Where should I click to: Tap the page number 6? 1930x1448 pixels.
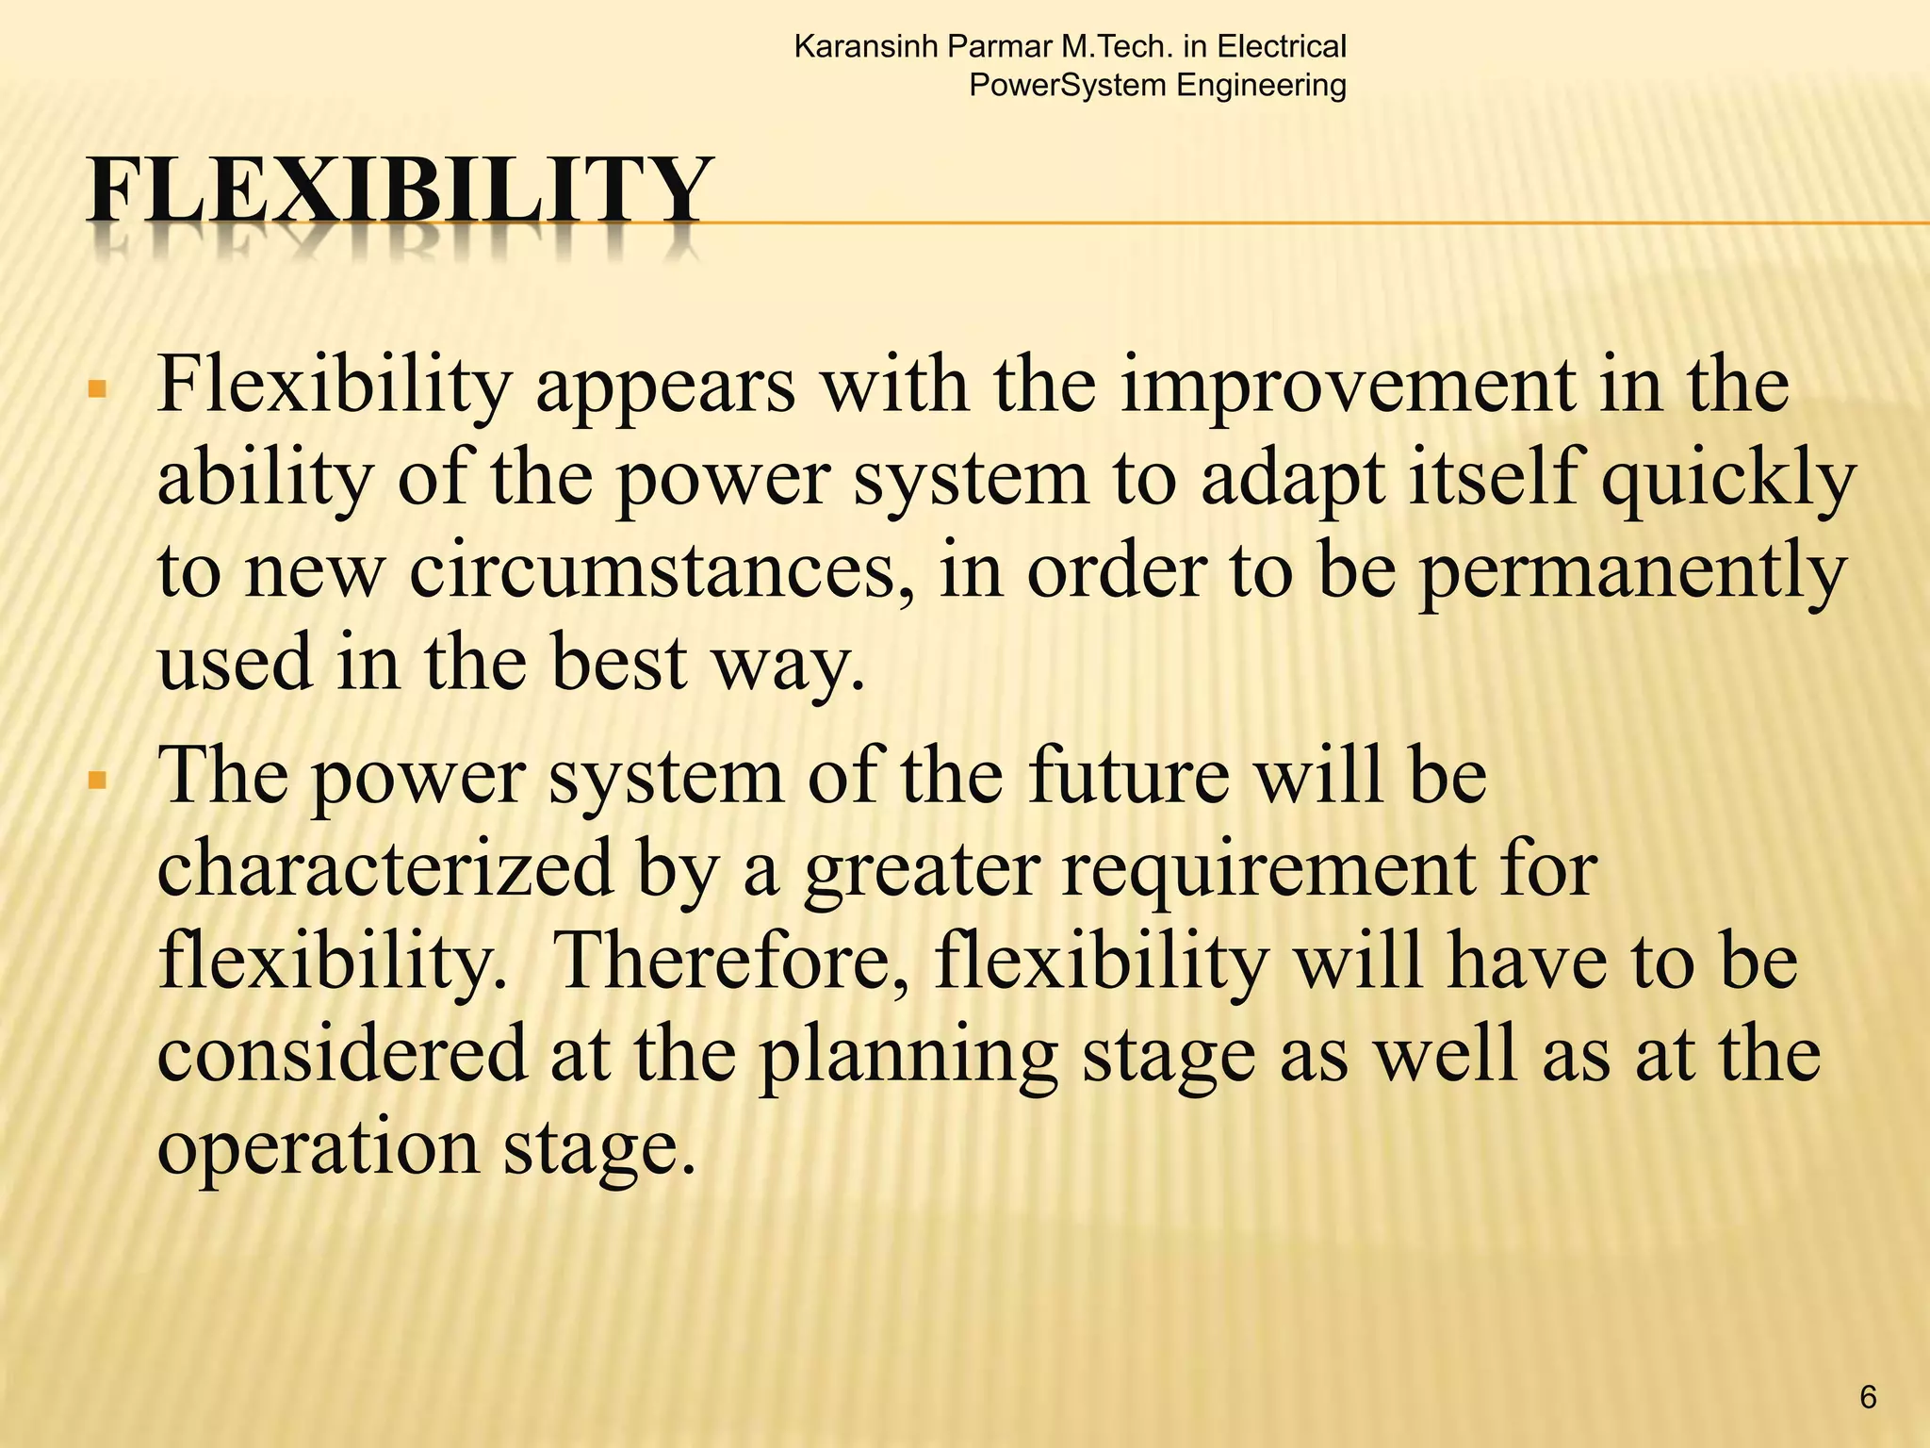tap(1868, 1396)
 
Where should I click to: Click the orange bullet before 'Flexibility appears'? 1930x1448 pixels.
tap(96, 389)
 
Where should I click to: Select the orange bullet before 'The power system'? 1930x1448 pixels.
tap(96, 781)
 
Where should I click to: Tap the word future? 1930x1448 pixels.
tap(1128, 776)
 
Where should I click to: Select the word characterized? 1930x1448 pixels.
tap(385, 867)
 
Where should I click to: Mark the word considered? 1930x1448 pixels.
tap(342, 1053)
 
